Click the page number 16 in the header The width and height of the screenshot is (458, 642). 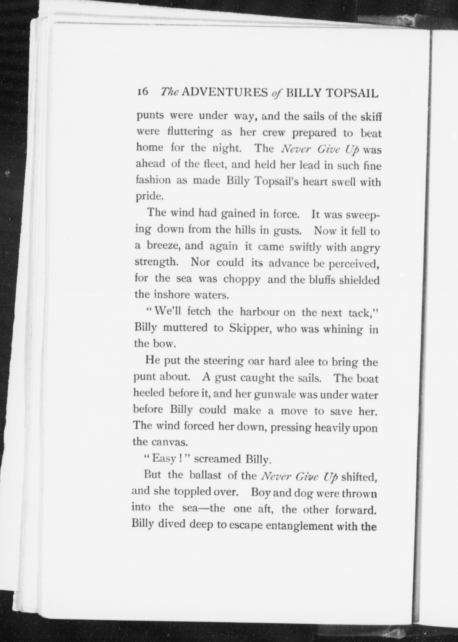click(x=143, y=92)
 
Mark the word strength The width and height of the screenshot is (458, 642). click(x=156, y=263)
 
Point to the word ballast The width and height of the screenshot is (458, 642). click(x=205, y=476)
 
